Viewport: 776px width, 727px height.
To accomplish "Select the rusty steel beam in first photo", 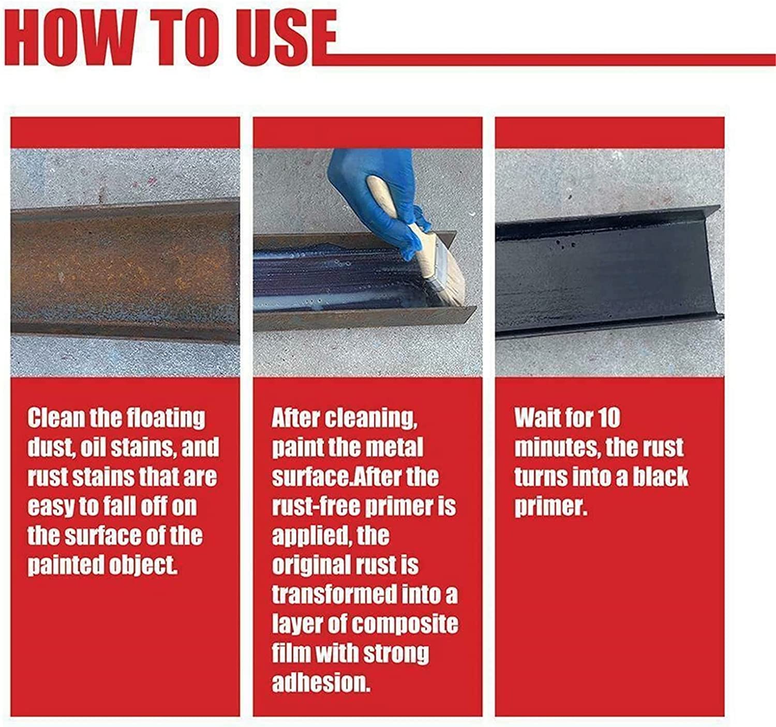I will [x=124, y=269].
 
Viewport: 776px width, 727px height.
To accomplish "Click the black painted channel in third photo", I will [x=605, y=274].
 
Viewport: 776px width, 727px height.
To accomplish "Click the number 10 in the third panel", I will [x=608, y=418].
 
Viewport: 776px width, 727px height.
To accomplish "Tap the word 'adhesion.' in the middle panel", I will [x=321, y=683].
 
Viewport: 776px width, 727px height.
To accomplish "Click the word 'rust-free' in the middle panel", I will [x=316, y=507].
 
